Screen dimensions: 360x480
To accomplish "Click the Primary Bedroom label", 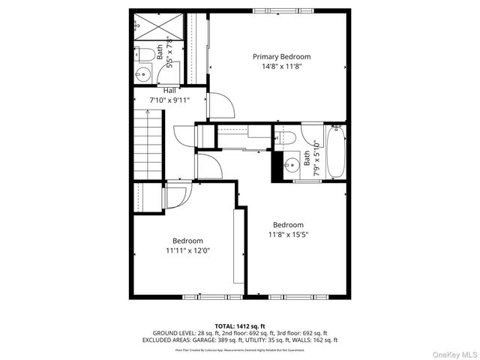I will (281, 56).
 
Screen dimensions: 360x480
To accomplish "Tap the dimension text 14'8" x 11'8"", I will (281, 66).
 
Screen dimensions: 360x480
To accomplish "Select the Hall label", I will (169, 91).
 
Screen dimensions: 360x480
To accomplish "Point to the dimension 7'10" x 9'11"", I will (169, 100).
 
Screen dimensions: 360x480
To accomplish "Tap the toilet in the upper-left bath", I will (146, 53).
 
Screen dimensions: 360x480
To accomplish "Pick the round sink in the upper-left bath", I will (143, 73).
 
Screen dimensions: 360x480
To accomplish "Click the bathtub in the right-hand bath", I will (334, 152).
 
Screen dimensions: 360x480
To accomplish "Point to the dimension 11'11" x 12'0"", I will (187, 250).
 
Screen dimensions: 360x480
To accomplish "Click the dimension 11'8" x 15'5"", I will (288, 235).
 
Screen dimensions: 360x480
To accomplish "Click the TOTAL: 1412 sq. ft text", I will (240, 325).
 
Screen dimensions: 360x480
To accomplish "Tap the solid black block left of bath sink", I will (277, 166).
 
